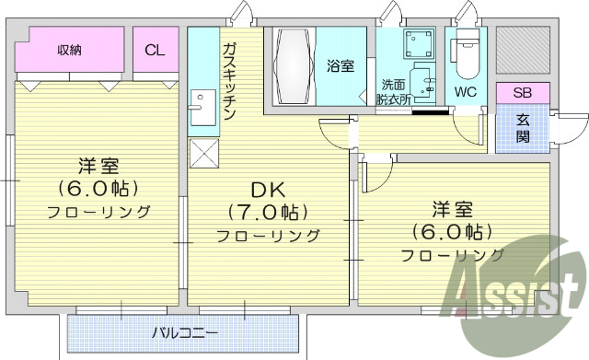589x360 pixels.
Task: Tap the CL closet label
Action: [x=155, y=50]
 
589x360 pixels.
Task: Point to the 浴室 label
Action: [x=340, y=65]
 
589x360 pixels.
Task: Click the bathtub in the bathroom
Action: [x=292, y=67]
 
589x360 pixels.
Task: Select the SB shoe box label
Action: [x=522, y=92]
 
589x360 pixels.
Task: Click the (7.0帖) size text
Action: [x=268, y=213]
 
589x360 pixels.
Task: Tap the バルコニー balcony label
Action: [x=185, y=331]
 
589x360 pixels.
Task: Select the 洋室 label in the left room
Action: [x=98, y=167]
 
